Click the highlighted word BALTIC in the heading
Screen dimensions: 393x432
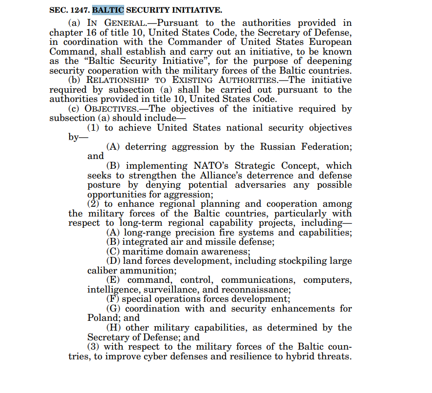108,10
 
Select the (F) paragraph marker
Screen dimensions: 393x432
113,299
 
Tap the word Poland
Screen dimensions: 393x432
100,318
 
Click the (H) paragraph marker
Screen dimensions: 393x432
113,328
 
